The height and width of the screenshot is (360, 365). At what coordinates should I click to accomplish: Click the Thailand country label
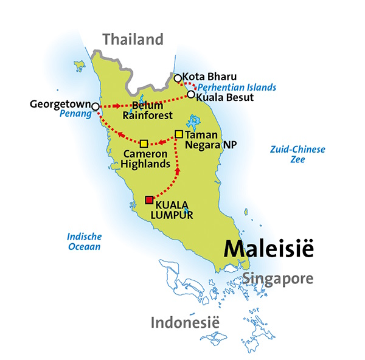coord(133,40)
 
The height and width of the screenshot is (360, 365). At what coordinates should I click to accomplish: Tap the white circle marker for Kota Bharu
coord(178,78)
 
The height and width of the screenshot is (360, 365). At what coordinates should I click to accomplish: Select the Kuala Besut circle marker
coord(191,94)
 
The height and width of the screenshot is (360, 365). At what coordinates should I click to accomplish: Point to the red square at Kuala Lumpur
coord(148,200)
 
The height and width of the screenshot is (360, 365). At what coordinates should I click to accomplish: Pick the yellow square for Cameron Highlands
coord(144,144)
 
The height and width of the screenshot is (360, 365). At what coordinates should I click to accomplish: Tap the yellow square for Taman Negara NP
coord(179,134)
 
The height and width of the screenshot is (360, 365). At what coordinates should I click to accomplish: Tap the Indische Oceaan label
coord(85,241)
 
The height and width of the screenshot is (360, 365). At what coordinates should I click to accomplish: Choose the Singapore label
coord(278,279)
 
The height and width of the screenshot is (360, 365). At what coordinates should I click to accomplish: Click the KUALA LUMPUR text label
coord(175,210)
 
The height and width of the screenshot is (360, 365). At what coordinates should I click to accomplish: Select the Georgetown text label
coord(58,105)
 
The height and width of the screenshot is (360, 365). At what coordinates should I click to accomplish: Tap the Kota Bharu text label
coord(206,77)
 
